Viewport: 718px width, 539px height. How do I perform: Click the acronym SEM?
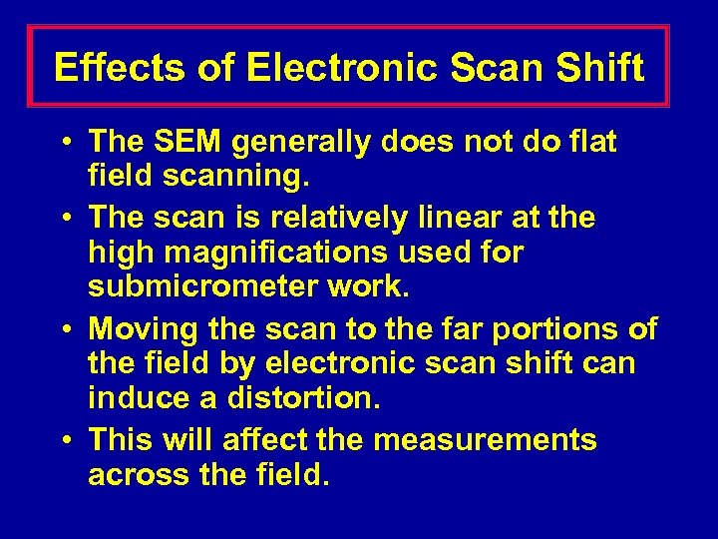pos(188,144)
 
